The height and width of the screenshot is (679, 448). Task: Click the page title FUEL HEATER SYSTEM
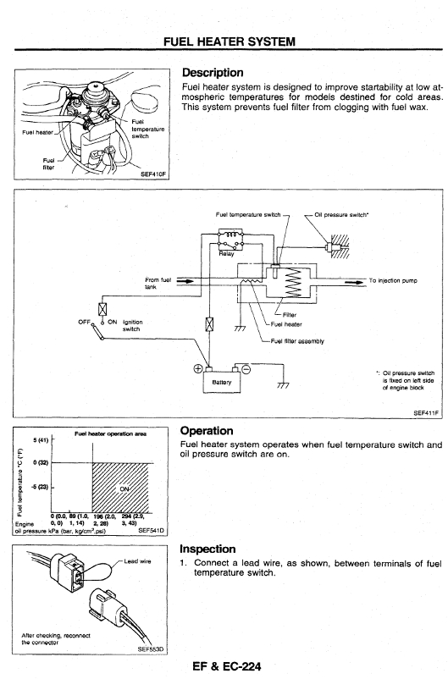click(230, 41)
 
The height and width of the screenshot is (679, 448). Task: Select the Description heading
click(213, 72)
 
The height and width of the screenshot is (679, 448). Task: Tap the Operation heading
click(207, 431)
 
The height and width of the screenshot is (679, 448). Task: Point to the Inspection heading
click(208, 549)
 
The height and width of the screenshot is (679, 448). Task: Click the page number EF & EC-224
click(227, 666)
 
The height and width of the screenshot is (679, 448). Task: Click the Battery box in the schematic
click(221, 383)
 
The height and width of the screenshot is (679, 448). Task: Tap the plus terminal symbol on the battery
click(197, 368)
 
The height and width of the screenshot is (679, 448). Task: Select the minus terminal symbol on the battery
click(246, 369)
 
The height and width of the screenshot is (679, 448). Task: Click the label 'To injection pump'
click(393, 280)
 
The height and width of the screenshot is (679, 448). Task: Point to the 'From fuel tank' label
click(158, 284)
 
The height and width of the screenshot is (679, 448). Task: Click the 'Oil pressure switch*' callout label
click(342, 214)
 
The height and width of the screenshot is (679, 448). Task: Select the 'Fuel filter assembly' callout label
click(297, 341)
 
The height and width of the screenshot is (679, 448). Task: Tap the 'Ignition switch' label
click(133, 325)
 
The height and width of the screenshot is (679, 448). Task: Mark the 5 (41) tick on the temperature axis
click(41, 440)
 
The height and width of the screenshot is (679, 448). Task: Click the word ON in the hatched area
click(124, 489)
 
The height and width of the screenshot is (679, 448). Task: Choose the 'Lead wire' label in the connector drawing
click(138, 561)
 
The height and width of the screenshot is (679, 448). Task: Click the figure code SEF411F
click(426, 413)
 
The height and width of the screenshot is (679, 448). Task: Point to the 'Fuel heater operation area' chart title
click(110, 433)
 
